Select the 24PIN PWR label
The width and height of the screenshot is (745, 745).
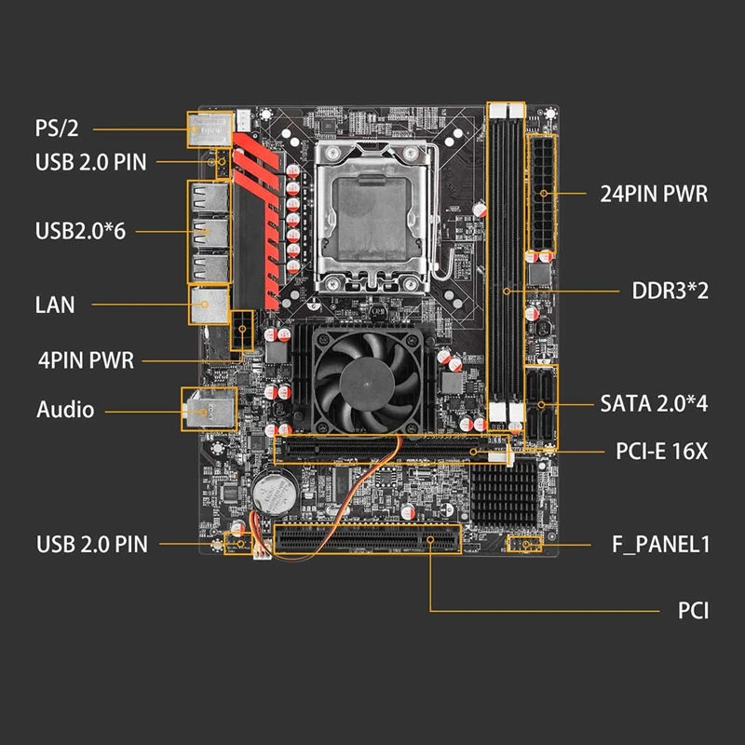pos(653,195)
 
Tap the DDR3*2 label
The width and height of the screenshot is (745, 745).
pos(671,291)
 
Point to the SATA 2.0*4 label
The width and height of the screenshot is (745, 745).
pos(654,404)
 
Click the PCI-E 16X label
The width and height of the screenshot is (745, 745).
pos(662,452)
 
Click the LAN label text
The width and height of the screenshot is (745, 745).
pos(55,305)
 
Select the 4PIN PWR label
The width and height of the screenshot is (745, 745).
pos(86,359)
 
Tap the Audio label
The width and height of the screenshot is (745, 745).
pos(65,409)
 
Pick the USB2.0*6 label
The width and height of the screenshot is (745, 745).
pos(80,230)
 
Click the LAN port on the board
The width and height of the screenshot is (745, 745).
pos(209,305)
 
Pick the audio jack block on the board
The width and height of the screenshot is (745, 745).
pos(207,409)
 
